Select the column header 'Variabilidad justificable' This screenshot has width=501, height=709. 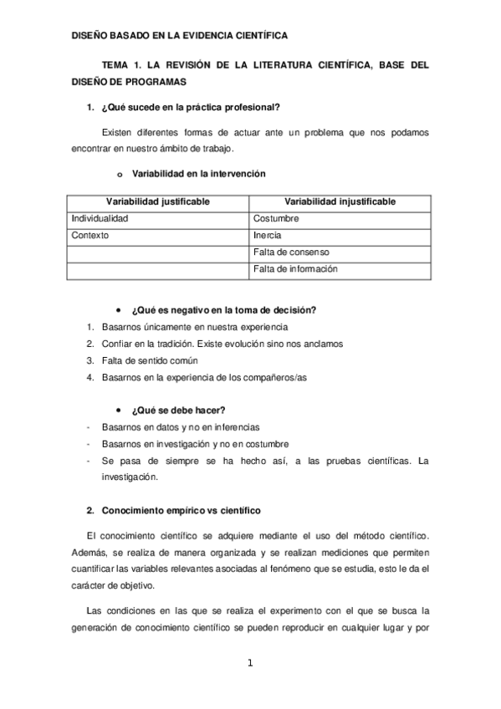point(157,202)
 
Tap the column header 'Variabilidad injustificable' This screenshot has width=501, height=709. point(340,202)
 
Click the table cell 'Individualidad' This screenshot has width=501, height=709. point(100,219)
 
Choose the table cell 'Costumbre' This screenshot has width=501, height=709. point(275,219)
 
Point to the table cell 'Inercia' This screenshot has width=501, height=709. point(267,236)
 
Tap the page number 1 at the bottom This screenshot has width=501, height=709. point(249,664)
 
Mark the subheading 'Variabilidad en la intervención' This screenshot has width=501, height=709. point(199,174)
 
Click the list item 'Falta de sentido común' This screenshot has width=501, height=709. point(150,360)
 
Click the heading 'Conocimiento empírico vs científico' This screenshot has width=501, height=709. point(181,509)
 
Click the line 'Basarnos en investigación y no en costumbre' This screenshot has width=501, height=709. point(195,444)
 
